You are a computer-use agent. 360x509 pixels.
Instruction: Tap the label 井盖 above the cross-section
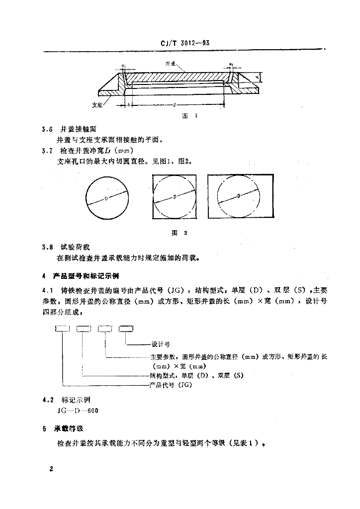tap(170, 64)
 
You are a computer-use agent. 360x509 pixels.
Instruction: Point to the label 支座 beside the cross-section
tap(97, 105)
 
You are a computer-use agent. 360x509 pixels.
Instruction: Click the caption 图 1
tap(190, 115)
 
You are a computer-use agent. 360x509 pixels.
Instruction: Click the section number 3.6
tap(48, 130)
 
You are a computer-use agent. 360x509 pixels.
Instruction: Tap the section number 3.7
tap(48, 150)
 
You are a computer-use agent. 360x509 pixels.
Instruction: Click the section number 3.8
tap(48, 247)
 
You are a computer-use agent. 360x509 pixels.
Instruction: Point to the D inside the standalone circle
tap(106, 198)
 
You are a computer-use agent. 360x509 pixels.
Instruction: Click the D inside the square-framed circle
tap(175, 197)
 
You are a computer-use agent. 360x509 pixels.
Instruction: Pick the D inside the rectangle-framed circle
tap(239, 196)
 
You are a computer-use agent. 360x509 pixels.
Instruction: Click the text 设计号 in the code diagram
tap(161, 343)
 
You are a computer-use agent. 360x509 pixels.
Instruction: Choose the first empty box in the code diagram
tap(62, 328)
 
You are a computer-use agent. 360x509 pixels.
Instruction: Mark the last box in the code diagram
tap(126, 328)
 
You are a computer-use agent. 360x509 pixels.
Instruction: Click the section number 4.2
tap(48, 400)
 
